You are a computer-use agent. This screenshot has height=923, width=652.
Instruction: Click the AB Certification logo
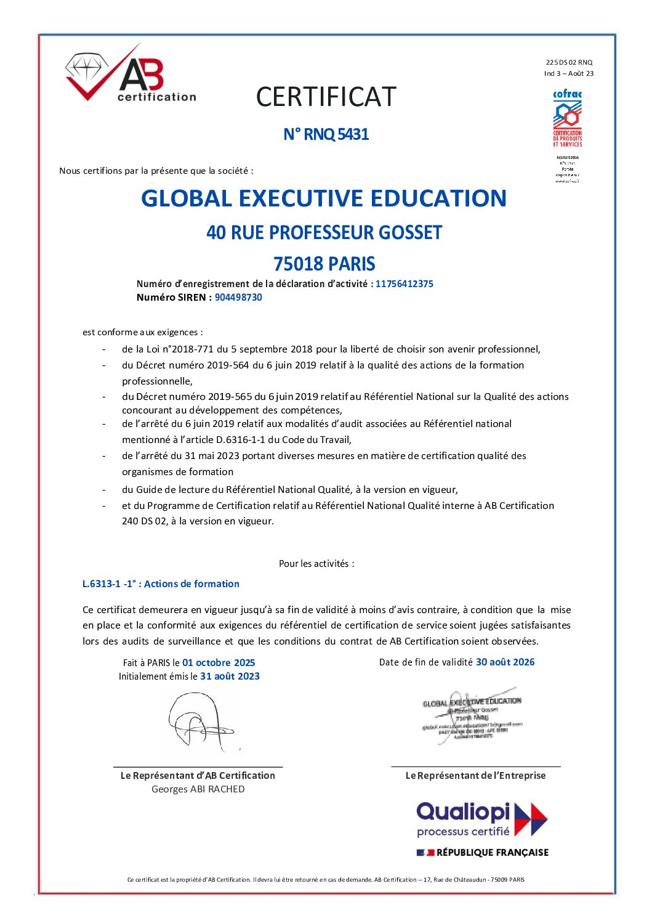(130, 75)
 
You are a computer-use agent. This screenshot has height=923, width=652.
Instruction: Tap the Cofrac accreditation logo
(567, 118)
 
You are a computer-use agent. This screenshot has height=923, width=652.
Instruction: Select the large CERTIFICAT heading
(326, 97)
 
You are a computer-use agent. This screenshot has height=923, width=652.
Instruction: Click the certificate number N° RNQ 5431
(326, 134)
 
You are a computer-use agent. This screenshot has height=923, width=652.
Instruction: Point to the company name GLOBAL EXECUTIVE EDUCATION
(324, 198)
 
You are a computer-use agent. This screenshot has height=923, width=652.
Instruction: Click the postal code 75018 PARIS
(324, 264)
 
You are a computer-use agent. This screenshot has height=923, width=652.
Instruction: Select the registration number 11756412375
(404, 284)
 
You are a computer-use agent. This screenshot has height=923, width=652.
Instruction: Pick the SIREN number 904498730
(238, 298)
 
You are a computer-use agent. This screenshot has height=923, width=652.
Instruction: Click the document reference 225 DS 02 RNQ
(569, 62)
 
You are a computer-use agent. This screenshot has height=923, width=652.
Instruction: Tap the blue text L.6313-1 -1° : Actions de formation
(161, 584)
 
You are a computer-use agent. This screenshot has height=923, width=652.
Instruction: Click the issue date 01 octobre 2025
(219, 663)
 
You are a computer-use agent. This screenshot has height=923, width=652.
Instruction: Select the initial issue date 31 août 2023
(230, 677)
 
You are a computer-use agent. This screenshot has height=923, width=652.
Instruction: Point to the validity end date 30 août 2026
(505, 662)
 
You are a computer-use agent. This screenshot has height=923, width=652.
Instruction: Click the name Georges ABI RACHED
(198, 789)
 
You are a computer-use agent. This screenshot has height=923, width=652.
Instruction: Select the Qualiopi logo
(481, 819)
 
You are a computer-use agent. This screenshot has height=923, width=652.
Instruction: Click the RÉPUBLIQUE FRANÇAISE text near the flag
(492, 853)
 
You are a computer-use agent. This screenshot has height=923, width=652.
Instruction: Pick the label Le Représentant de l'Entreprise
(475, 776)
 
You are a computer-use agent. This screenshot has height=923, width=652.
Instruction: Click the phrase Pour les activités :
(316, 564)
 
